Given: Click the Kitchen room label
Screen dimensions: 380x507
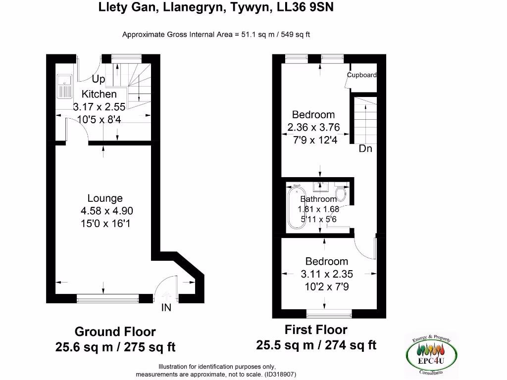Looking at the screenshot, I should [99, 94].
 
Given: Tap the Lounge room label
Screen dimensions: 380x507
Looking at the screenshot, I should [105, 198].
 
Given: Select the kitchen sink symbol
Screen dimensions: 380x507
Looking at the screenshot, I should [64, 87].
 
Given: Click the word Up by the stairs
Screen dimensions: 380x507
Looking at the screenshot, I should [99, 79].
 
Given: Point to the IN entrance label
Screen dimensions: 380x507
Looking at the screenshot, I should [166, 308].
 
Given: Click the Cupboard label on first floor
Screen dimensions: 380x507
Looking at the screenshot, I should [362, 75].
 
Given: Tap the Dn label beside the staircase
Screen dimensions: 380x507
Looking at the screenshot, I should [365, 148].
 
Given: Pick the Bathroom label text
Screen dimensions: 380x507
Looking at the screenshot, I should [318, 199].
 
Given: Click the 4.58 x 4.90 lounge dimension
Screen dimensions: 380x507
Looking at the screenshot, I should [107, 211].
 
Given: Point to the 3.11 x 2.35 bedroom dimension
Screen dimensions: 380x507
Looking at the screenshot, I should [327, 274].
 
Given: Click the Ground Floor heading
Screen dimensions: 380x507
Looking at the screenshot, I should [115, 332].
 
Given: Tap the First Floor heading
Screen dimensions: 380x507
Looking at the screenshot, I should [316, 330].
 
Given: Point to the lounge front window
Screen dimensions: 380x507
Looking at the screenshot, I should [107, 298].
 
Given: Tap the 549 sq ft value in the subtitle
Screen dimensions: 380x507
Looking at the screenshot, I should [297, 35].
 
